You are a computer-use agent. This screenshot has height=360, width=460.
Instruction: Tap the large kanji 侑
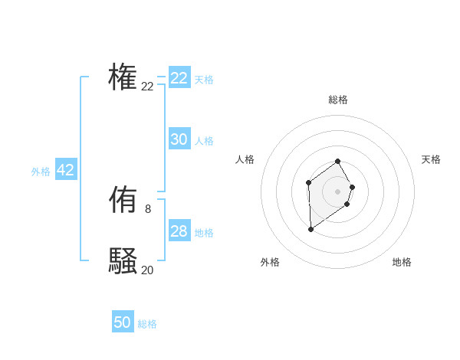123,200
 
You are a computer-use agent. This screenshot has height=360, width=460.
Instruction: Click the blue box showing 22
179,78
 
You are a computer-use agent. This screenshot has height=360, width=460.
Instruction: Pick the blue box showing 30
179,139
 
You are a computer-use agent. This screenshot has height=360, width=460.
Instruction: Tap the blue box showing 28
179,231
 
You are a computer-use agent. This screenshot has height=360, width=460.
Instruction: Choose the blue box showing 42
66,170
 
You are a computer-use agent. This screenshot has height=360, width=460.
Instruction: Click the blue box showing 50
123,322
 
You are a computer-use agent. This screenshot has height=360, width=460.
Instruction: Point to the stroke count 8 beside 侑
147,208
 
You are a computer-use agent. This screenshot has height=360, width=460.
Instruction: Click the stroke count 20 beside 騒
147,270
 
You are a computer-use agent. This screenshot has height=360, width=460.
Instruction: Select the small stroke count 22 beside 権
147,87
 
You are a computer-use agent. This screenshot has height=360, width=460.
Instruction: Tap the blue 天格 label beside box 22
204,80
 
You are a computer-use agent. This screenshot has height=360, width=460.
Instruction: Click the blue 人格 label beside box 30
204,141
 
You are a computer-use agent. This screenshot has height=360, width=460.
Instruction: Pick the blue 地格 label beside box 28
204,233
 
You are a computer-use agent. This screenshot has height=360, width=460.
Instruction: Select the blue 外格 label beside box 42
41,172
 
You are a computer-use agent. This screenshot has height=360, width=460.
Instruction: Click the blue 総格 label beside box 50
147,324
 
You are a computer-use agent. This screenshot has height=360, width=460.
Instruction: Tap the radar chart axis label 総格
338,100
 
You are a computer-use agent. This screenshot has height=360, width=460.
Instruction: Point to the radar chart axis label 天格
431,159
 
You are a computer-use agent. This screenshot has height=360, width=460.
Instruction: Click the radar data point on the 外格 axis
310,229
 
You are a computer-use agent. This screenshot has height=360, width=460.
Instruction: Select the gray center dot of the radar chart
338,191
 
